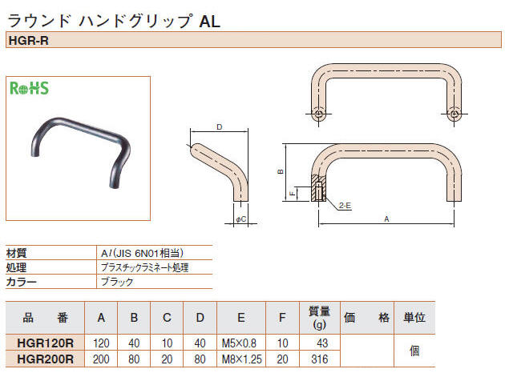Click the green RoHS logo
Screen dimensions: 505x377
click(x=29, y=88)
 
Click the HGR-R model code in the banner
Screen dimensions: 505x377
click(x=29, y=41)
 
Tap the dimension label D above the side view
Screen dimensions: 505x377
click(x=220, y=127)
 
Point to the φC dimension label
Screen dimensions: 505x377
click(x=241, y=219)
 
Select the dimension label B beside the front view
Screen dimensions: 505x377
click(x=281, y=171)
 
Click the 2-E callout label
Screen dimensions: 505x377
click(x=345, y=206)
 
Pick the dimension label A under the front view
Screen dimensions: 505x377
click(x=386, y=219)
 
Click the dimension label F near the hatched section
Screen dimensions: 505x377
click(x=293, y=194)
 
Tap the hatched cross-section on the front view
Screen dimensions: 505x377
click(x=318, y=188)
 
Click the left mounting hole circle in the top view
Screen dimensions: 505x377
click(x=319, y=114)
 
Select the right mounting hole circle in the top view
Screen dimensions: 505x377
click(x=454, y=114)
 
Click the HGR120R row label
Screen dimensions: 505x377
click(x=46, y=343)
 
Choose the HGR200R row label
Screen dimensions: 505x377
click(x=46, y=359)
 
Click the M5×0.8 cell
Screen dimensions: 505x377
click(x=239, y=343)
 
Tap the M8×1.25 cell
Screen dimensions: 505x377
click(x=241, y=359)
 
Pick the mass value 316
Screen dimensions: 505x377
click(x=320, y=359)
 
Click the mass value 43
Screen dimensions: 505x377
click(x=322, y=343)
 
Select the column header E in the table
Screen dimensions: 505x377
click(x=241, y=318)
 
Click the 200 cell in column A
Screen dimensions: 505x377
click(x=101, y=359)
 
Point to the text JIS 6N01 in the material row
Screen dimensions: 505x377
click(x=138, y=253)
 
